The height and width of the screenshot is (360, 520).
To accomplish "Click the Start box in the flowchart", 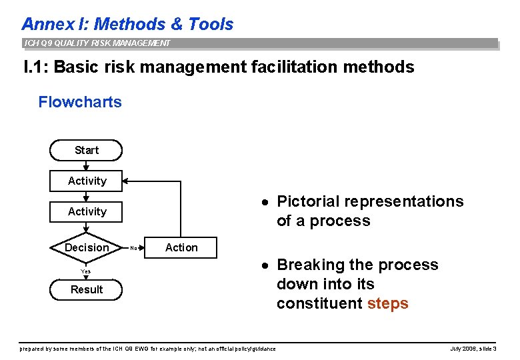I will pos(87,150).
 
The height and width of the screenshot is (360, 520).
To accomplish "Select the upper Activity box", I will pos(87,181).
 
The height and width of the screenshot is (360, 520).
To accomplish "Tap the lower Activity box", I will pos(87,211).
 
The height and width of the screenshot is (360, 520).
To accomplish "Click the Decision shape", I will pos(87,247).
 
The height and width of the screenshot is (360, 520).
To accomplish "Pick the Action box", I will pos(181,247).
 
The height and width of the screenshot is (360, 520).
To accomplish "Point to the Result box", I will pos(87,289).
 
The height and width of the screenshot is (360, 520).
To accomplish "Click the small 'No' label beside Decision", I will pos(133,248).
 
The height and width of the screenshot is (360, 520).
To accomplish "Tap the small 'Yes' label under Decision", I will pos(86,271).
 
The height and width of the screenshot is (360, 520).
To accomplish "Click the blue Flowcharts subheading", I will pos(80,102).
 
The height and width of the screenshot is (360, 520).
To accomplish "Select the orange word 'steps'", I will pos(387,303).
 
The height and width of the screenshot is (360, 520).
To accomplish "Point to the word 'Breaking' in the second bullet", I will pos(307,265).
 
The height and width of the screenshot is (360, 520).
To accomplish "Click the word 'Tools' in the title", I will pos(211,24).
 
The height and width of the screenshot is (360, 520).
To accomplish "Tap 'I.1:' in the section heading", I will pos(35,67).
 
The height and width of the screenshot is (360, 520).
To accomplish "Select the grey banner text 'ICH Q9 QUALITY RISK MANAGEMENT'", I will pos(97,43).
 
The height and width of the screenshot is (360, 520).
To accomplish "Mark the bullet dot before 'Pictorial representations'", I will pos(265,202).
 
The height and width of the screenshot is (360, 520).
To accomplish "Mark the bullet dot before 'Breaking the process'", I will pos(265,265).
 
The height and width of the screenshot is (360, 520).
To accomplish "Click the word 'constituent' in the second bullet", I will pos(319,303).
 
